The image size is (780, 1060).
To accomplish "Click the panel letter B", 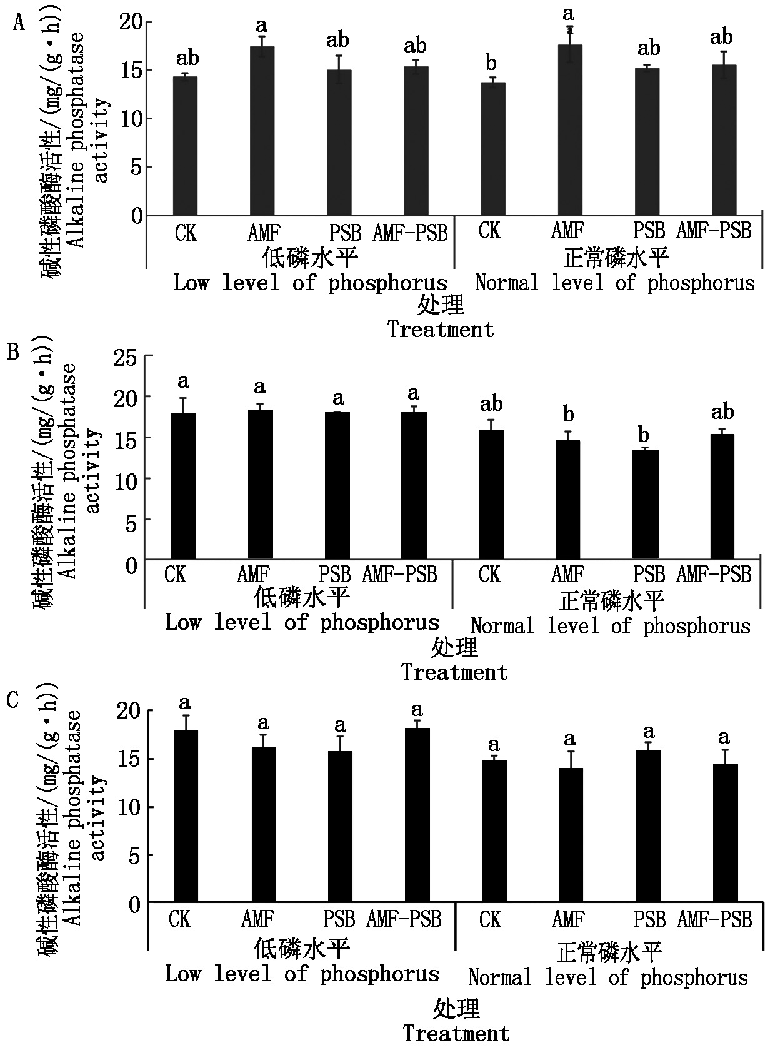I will click(x=13, y=351).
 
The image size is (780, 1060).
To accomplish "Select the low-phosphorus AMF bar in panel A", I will click(x=262, y=131).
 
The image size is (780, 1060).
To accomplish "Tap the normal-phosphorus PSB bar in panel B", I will click(x=645, y=504).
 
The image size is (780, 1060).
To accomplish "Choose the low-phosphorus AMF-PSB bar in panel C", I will click(x=417, y=815).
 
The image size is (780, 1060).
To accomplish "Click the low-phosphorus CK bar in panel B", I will click(x=183, y=486).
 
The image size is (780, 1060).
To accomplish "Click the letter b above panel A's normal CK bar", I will click(x=491, y=63).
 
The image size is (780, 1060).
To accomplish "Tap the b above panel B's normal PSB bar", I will click(x=644, y=435).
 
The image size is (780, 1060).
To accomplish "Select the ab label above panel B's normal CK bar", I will click(x=491, y=404).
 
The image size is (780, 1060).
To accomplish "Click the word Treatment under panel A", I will click(x=441, y=330).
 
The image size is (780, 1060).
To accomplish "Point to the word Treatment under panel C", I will click(x=456, y=1034).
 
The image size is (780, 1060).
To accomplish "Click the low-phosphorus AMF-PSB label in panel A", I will click(x=410, y=233).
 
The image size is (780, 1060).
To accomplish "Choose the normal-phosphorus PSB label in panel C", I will click(x=650, y=919).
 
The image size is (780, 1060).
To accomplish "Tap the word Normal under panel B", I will click(x=502, y=625).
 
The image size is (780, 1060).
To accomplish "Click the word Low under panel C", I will click(x=182, y=974).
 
